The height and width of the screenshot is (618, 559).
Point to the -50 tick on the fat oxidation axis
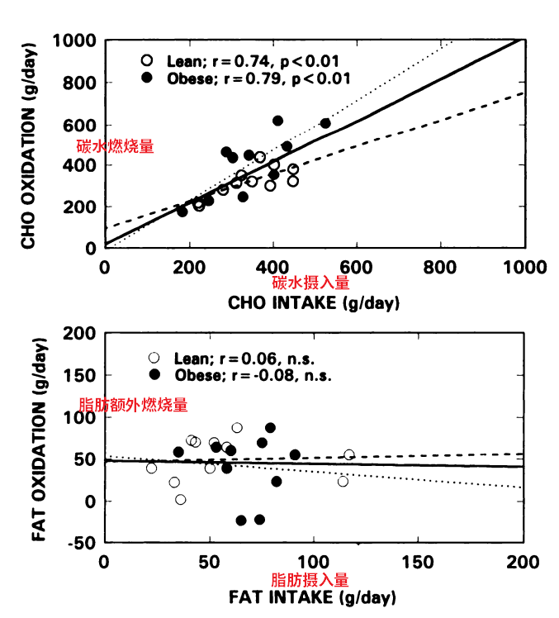[x=80, y=543]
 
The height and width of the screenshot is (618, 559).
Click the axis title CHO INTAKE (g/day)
[x=314, y=303]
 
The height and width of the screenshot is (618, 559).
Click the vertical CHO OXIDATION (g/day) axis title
[x=29, y=145]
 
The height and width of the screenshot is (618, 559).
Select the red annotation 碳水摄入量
[x=313, y=283]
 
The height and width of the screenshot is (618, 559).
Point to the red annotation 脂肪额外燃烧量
[x=132, y=405]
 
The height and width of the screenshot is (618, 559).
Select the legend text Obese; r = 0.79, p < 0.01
[x=258, y=78]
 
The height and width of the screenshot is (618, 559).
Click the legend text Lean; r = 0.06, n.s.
[x=245, y=358]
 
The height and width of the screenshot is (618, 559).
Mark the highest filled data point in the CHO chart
[x=277, y=121]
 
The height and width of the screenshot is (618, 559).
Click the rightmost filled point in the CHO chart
[x=325, y=123]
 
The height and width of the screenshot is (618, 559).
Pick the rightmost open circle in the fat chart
[x=349, y=455]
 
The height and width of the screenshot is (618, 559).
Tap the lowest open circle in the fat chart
[x=181, y=499]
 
